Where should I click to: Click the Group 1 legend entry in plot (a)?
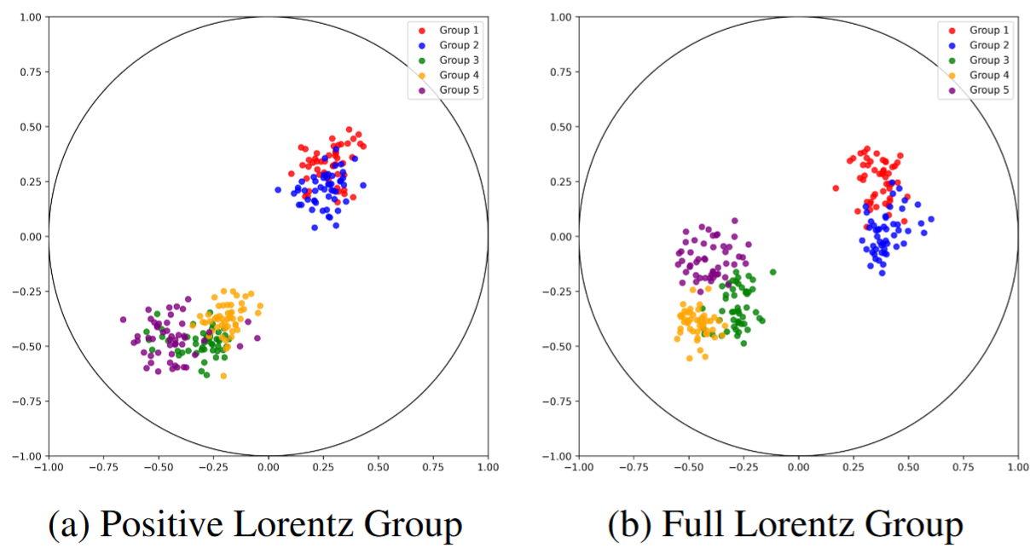457,30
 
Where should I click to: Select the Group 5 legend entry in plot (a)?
457,90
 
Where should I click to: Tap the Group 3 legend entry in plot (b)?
987,61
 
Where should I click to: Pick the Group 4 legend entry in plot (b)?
987,75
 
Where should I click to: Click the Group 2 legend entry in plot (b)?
987,45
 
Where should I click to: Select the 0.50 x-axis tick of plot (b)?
908,468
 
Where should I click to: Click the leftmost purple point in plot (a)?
123,320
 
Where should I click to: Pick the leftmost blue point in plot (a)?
278,190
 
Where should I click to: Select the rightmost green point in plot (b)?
773,272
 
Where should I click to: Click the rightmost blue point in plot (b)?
931,219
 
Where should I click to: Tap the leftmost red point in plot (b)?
836,188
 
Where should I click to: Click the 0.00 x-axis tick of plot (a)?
268,468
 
